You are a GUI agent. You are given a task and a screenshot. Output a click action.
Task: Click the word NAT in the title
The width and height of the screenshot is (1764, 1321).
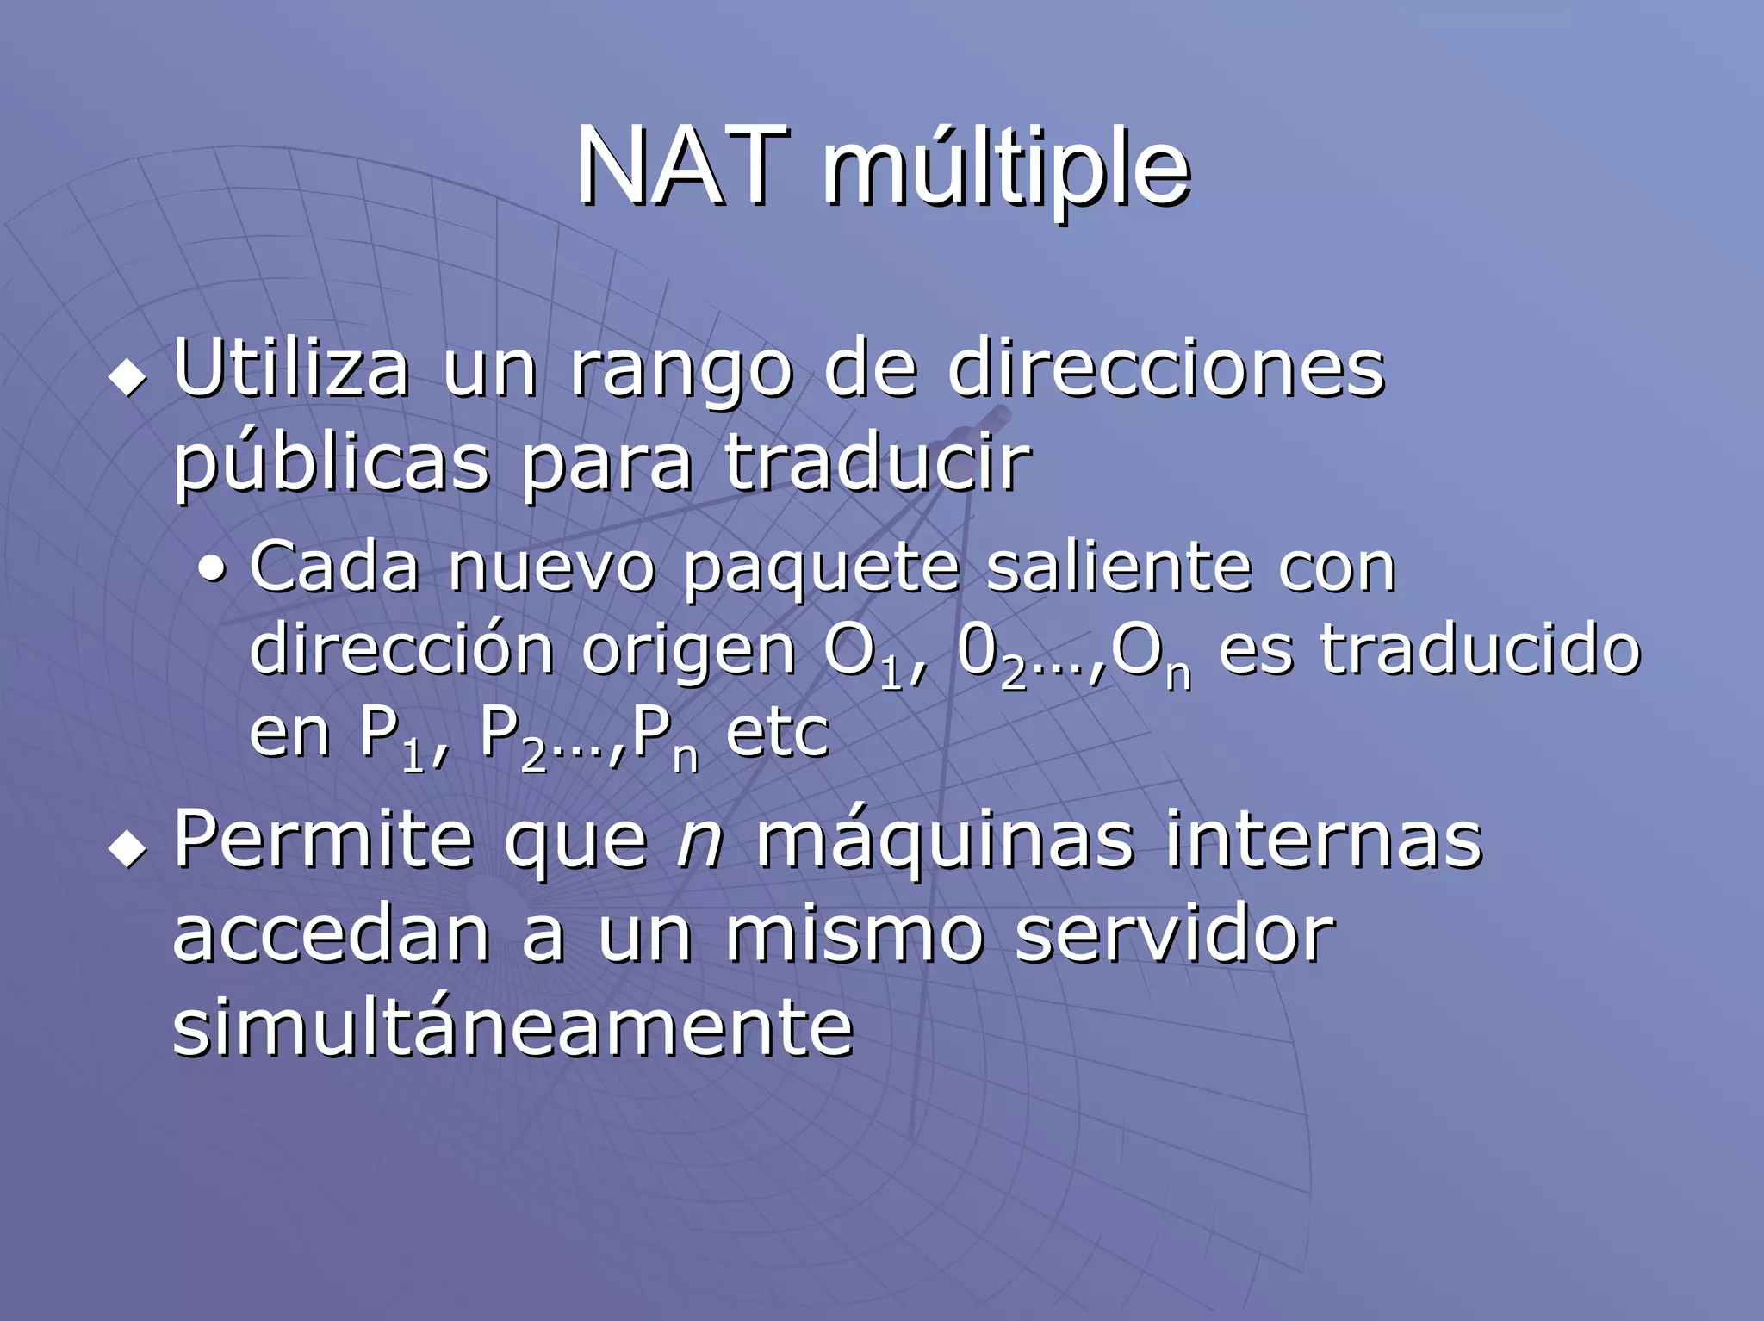click(x=682, y=165)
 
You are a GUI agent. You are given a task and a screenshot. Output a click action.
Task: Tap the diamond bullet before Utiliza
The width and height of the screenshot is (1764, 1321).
click(x=128, y=377)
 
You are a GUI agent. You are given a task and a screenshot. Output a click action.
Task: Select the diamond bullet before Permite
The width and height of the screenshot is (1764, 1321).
click(x=128, y=848)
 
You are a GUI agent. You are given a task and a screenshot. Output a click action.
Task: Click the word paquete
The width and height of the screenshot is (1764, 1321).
click(x=822, y=570)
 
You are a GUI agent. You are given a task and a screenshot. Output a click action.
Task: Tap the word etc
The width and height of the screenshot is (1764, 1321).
click(x=777, y=733)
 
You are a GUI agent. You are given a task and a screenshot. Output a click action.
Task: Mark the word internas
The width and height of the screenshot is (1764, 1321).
click(x=1323, y=840)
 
